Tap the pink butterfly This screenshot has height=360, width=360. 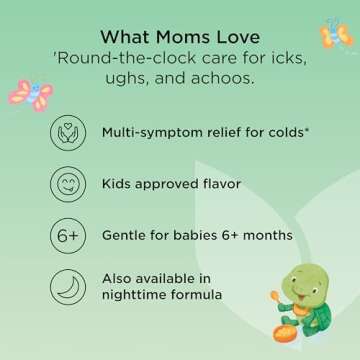pyautogui.click(x=31, y=94)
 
